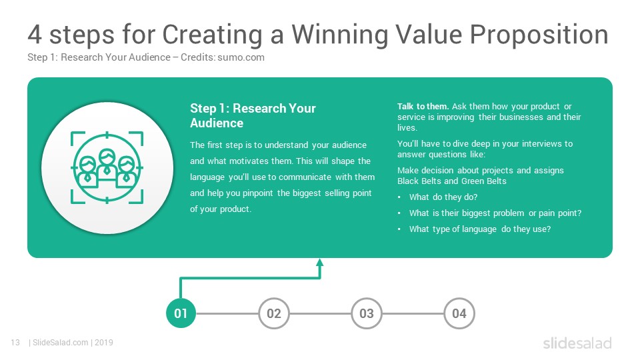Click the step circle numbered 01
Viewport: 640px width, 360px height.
pyautogui.click(x=181, y=313)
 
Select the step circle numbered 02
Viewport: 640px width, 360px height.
pyautogui.click(x=274, y=313)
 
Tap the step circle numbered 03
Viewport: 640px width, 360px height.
pyautogui.click(x=367, y=313)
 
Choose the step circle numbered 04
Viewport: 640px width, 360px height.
pyautogui.click(x=459, y=313)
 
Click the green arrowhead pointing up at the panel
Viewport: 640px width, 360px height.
pyautogui.click(x=320, y=263)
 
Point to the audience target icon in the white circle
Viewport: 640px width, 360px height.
pyautogui.click(x=107, y=167)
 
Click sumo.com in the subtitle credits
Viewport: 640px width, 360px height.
pyautogui.click(x=241, y=57)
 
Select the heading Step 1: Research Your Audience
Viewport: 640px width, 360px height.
pyautogui.click(x=253, y=115)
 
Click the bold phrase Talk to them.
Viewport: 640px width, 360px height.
pyautogui.click(x=423, y=106)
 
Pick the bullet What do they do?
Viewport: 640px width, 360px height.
pyautogui.click(x=443, y=197)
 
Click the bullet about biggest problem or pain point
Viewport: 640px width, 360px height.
pyautogui.click(x=495, y=213)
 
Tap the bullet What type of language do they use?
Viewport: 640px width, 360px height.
pyautogui.click(x=480, y=229)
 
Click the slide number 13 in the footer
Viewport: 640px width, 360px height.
pyautogui.click(x=15, y=343)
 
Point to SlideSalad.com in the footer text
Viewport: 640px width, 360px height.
pyautogui.click(x=61, y=343)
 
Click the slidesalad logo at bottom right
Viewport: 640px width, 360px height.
pyautogui.click(x=577, y=343)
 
